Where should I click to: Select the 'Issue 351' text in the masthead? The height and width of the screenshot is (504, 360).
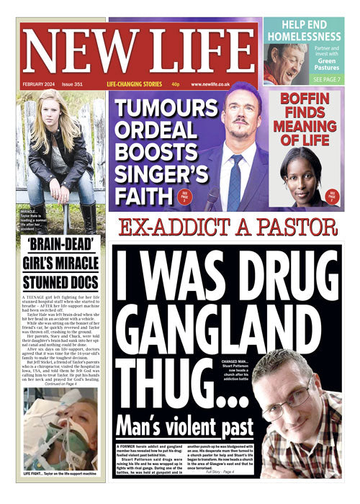pyautogui.click(x=73, y=84)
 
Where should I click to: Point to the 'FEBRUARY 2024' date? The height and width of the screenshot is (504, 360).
pyautogui.click(x=37, y=84)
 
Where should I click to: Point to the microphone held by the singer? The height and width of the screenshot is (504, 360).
pyautogui.click(x=212, y=196)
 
